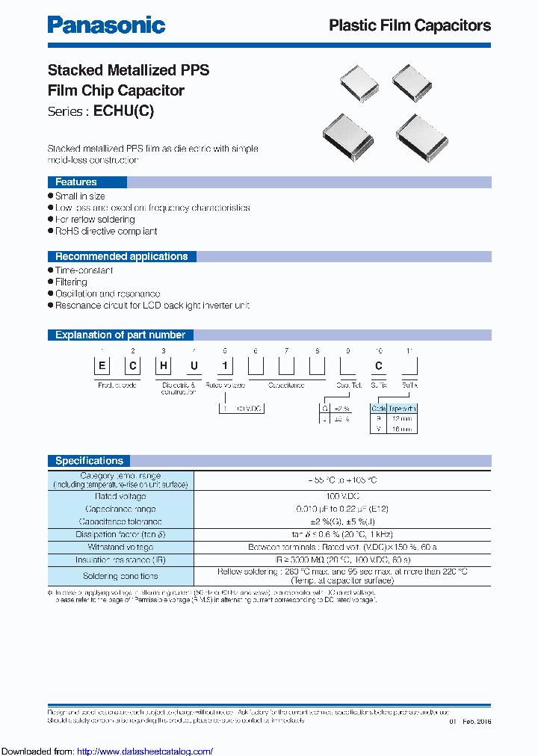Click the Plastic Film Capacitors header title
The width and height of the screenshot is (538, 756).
pos(409,25)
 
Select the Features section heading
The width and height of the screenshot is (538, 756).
pos(76,182)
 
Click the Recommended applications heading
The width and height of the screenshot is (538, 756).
pos(121,256)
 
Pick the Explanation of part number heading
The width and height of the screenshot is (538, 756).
pos(120,335)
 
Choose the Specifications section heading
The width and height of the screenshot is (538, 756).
pos(89,461)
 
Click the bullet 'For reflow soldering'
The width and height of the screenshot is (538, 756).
pos(95,220)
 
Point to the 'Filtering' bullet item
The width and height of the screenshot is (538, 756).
pos(71,282)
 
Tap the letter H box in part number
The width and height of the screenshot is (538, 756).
pos(162,366)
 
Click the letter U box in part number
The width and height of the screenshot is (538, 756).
pos(192,366)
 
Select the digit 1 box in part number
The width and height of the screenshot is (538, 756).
pos(225,366)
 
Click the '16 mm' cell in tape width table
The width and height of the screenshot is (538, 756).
pos(403,429)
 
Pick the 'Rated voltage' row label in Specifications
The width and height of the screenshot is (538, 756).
pos(120,496)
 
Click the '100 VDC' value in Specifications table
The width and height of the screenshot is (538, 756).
pos(343,496)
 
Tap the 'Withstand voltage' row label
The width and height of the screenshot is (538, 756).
pos(120,547)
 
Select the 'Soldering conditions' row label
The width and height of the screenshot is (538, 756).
pos(120,576)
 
